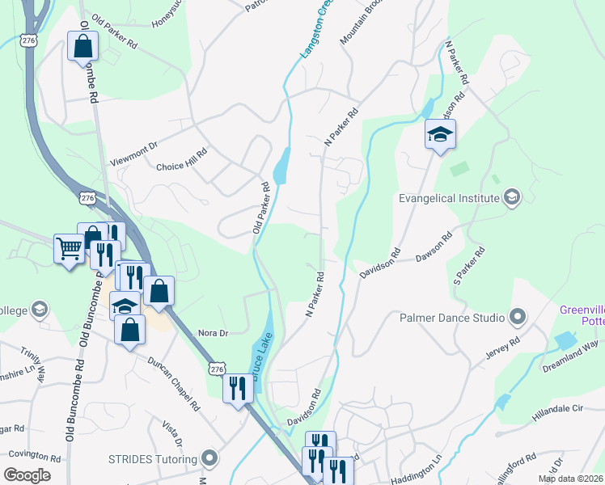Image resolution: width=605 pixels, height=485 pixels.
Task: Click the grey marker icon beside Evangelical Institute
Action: (x=510, y=197)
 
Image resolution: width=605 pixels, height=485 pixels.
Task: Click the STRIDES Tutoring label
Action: (x=153, y=459)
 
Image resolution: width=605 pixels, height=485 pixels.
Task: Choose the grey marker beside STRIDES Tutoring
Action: (x=210, y=459)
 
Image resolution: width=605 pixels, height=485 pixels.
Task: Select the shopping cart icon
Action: (x=69, y=248)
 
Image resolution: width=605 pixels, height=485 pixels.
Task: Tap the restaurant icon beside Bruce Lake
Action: (x=238, y=388)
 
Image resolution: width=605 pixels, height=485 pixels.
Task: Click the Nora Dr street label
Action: (x=214, y=332)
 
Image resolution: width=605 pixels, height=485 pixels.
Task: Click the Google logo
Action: (x=27, y=475)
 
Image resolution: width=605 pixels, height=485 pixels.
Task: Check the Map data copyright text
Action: (x=569, y=479)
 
